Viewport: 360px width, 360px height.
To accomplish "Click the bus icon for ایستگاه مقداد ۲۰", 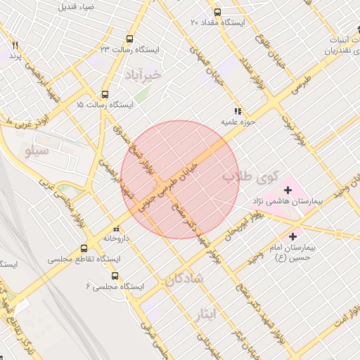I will pyautogui.click(x=217, y=12).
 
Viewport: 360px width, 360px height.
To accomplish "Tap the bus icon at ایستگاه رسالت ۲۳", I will pyautogui.click(x=129, y=39).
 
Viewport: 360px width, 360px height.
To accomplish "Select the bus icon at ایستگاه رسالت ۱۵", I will pyautogui.click(x=105, y=94).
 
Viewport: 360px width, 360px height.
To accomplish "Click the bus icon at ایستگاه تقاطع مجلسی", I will pyautogui.click(x=84, y=248).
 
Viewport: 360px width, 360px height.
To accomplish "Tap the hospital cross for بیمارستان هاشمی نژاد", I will pyautogui.click(x=288, y=190).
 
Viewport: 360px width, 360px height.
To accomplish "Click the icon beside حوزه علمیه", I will pyautogui.click(x=238, y=111).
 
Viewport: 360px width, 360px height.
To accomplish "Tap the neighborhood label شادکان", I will pyautogui.click(x=184, y=279).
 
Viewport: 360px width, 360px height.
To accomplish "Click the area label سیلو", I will pyautogui.click(x=36, y=150).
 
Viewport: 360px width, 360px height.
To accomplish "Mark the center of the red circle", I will pyautogui.click(x=180, y=180).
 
